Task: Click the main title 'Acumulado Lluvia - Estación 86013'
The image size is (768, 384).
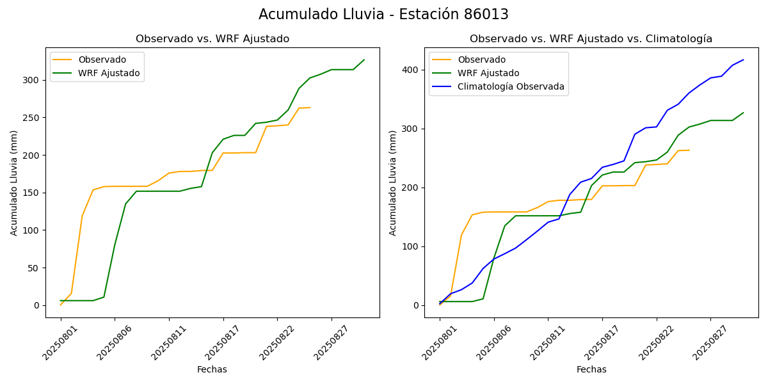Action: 383,15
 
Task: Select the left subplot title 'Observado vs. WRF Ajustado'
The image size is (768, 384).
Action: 212,39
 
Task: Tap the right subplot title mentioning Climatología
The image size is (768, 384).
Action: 591,39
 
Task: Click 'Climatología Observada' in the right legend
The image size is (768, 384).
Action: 511,87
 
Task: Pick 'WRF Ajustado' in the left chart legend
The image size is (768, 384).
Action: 109,73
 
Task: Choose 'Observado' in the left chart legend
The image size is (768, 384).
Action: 102,60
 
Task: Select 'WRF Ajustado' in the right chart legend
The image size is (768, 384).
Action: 488,73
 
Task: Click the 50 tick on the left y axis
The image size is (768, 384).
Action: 36,268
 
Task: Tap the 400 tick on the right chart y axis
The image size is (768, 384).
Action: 412,70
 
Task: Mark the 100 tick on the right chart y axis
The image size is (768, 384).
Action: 412,246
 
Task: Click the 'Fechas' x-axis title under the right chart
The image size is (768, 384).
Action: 591,369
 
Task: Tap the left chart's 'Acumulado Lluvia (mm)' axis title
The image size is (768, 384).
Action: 14,182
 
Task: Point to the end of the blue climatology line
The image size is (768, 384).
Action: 743,60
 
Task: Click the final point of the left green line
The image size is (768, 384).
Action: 364,60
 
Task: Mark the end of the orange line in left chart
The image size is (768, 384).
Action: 310,108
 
